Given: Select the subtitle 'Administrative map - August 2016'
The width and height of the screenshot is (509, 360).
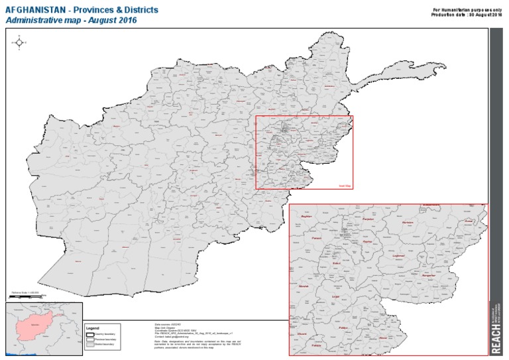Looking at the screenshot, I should (71, 21).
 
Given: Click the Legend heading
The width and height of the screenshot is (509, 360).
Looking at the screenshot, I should (92, 328).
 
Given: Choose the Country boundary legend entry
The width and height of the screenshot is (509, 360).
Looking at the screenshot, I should (106, 334).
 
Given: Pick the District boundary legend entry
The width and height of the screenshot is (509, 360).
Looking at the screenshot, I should (106, 345).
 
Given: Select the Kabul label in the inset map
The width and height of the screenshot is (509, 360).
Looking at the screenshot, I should (336, 264).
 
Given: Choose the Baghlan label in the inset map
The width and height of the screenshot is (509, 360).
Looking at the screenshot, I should (306, 216).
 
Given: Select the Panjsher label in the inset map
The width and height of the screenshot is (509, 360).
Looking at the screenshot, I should (368, 219).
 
